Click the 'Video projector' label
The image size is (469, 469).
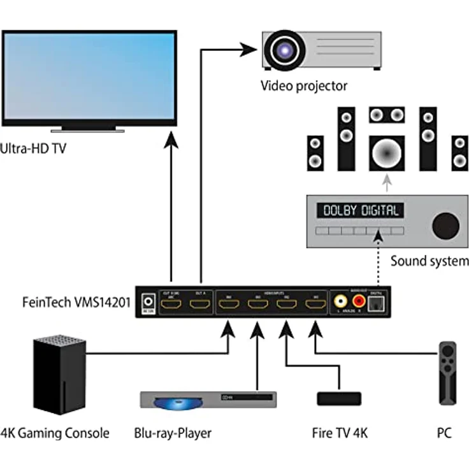pos(303,85)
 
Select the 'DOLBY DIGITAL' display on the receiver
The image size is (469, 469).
pos(361,210)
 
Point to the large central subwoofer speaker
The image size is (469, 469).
pos(387,153)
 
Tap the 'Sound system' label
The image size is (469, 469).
pos(429,261)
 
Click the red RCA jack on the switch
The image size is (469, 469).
pos(359,301)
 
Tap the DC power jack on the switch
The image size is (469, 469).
pos(150,301)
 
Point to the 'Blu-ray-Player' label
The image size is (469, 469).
pos(172,433)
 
